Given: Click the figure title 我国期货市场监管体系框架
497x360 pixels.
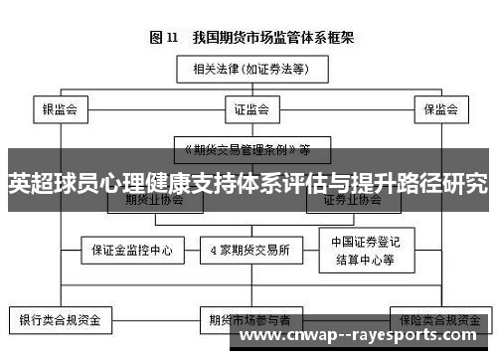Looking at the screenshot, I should (277, 39).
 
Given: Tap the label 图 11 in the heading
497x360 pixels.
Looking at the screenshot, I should (164, 39).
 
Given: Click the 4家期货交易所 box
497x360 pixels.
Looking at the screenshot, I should (249, 250).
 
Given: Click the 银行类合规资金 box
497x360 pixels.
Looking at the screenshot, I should (60, 321).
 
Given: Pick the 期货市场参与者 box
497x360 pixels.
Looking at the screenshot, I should (248, 321).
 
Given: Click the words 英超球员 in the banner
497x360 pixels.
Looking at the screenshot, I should (50, 185).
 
